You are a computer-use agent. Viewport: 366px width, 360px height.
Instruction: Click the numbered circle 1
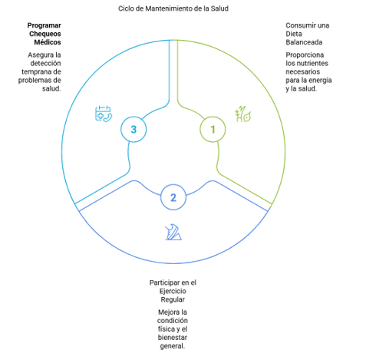pos(213,129)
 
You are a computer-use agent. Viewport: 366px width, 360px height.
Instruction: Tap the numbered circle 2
pos(173,197)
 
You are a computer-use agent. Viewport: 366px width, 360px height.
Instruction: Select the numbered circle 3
pos(134,129)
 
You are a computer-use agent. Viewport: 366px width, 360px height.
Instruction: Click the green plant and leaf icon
pos(242,114)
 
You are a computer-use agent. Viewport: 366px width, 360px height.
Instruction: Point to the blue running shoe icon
pos(173,232)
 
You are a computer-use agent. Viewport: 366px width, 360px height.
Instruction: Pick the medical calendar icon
pos(104,114)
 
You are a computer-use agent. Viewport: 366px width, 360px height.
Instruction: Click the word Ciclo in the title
pos(126,8)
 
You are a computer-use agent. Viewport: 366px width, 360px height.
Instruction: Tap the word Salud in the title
pos(219,8)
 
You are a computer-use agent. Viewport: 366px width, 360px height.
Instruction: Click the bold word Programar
pos(45,25)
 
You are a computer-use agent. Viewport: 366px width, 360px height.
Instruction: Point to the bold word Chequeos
pos(45,34)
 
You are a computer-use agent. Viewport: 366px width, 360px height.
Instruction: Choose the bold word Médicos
pos(48,42)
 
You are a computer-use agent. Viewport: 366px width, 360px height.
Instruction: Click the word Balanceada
pos(304,42)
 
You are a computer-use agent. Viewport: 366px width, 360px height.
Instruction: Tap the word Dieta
pos(294,34)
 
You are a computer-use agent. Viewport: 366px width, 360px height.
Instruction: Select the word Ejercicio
pos(173,291)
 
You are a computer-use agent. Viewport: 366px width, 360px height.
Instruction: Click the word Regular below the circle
pos(173,299)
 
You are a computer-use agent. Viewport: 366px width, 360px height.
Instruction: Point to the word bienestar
pos(173,338)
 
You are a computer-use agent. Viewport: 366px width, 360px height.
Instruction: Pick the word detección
pos(45,63)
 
